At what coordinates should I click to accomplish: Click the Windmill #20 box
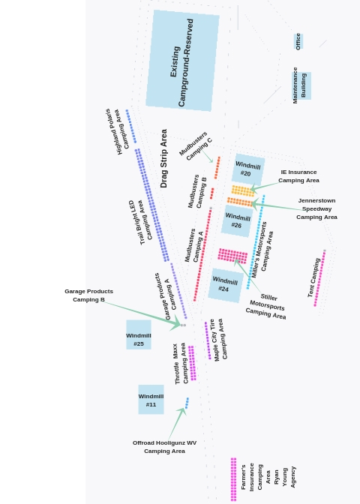[x=248, y=169]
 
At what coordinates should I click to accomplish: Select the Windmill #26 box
[x=237, y=220]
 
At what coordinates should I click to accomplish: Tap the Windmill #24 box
[x=225, y=285]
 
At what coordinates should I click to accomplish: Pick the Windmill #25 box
[x=139, y=334]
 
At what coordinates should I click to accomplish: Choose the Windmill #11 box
[x=151, y=400]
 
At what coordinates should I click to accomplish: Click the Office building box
[x=298, y=41]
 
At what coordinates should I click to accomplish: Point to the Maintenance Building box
[x=301, y=85]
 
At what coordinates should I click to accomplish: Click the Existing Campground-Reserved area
[x=182, y=61]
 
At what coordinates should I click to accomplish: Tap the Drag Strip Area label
[x=163, y=158]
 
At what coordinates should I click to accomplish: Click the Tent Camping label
[x=313, y=277]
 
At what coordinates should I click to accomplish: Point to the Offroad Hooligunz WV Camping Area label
[x=164, y=447]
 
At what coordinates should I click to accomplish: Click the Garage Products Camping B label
[x=88, y=295]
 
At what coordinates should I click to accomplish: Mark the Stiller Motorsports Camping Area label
[x=266, y=307]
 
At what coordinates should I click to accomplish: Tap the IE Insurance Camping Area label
[x=299, y=176]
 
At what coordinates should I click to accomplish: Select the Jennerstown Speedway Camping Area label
[x=317, y=208]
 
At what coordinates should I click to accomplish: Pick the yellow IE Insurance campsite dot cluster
[x=243, y=190]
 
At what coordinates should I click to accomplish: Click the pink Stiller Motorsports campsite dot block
[x=232, y=256]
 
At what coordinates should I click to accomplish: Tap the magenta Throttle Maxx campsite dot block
[x=192, y=363]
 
